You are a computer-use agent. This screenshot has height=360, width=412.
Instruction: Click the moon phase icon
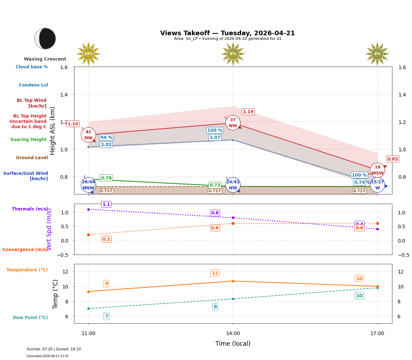pos(45,38)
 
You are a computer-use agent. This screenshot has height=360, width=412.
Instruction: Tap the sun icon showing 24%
pos(88,54)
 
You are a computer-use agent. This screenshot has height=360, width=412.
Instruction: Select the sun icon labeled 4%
pos(377,54)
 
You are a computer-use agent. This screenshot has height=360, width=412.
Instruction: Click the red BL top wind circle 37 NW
pos(233,123)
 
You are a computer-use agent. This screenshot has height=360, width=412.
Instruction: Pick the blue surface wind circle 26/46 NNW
pos(88,185)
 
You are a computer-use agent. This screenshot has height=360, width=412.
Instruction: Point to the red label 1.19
pos(248,112)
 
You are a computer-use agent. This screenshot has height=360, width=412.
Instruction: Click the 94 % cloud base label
pos(106,137)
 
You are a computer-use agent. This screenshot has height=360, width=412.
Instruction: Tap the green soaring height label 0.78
pos(106,178)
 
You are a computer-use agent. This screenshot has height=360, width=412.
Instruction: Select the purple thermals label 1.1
pos(106,204)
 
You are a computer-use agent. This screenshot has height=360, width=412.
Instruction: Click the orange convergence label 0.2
pos(106,239)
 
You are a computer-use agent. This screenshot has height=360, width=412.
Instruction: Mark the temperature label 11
pos(215,273)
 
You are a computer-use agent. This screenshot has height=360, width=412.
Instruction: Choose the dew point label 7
pos(106,316)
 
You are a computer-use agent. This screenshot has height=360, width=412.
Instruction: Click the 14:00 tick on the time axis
pos(233,334)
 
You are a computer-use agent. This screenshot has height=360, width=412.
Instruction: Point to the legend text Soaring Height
pos(28,140)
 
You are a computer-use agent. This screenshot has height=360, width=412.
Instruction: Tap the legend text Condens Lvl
pos(33,85)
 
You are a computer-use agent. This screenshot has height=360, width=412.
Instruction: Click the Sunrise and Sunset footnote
pos(54,349)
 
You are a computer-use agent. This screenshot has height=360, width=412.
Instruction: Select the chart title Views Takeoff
pos(228,33)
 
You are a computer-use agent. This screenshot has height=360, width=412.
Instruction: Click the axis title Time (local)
pos(233,344)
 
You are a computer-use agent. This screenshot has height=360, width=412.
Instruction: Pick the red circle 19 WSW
pos(377,170)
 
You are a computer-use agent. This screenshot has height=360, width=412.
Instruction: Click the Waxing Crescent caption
pos(45,59)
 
